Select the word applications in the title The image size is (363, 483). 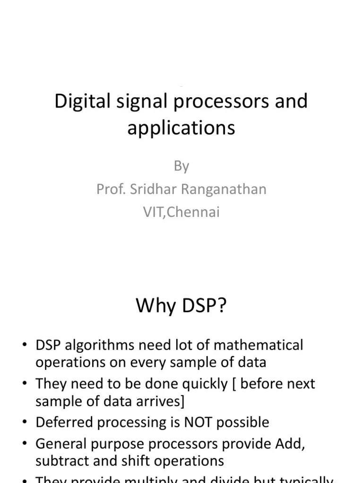pos(181,128)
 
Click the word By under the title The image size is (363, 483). pos(181,166)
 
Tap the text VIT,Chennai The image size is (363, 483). pos(181,212)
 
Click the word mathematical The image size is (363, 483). pos(259,345)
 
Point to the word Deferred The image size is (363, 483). pos(63,422)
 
